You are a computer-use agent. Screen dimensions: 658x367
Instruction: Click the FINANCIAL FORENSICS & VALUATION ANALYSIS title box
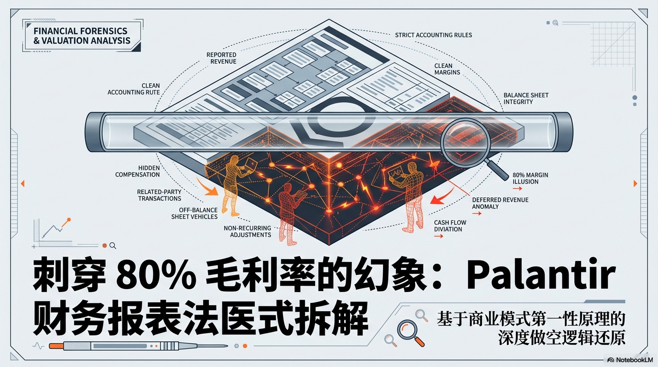click(82, 35)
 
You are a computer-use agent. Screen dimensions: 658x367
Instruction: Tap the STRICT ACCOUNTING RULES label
click(433, 35)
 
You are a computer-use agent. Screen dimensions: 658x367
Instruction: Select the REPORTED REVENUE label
click(221, 58)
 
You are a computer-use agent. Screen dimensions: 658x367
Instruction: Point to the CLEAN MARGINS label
click(447, 69)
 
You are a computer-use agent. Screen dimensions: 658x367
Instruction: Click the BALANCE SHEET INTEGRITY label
click(526, 98)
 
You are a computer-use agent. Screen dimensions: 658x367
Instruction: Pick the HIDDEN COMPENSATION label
click(137, 171)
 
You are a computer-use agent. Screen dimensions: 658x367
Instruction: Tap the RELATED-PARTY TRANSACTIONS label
click(159, 195)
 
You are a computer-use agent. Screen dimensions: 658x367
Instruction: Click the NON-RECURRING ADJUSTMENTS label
click(247, 231)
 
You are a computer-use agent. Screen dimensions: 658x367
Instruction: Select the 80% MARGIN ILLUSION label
click(530, 178)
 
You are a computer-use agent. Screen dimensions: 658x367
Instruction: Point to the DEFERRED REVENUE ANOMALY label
click(500, 203)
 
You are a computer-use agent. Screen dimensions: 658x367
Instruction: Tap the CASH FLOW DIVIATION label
click(450, 226)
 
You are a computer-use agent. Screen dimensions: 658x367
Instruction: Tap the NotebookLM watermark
click(630, 360)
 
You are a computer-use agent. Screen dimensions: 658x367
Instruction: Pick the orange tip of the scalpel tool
click(56, 346)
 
